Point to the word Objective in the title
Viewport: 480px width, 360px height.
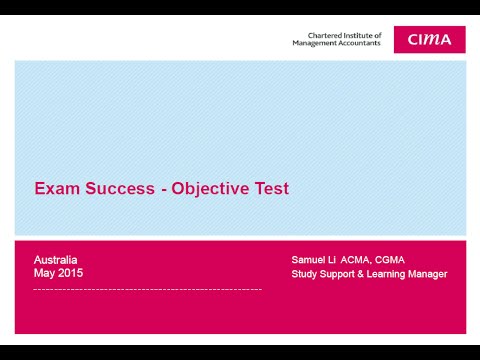pyautogui.click(x=212, y=188)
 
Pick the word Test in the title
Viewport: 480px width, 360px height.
pyautogui.click(x=272, y=188)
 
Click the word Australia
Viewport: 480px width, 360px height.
pyautogui.click(x=56, y=259)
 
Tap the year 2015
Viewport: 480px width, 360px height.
pyautogui.click(x=71, y=273)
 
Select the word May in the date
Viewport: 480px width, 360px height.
pyautogui.click(x=45, y=273)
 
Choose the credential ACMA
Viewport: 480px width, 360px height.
pyautogui.click(x=357, y=260)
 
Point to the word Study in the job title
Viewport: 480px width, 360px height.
pyautogui.click(x=304, y=274)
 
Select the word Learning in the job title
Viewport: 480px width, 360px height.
pyautogui.click(x=383, y=274)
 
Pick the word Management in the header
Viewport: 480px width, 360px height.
pyautogui.click(x=315, y=43)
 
